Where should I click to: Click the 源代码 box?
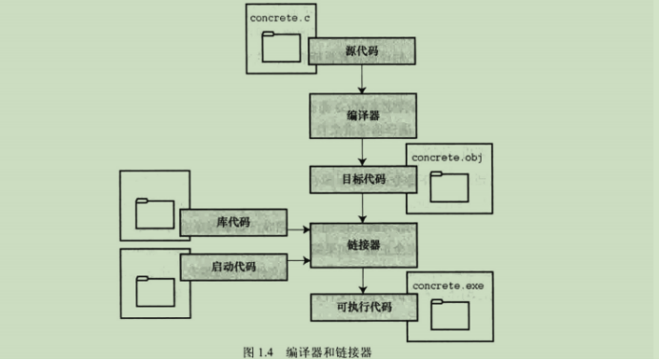[x=363, y=50]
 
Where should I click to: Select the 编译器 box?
[x=363, y=114]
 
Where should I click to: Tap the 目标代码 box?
[x=363, y=178]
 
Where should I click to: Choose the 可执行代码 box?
[x=363, y=308]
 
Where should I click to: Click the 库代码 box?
[x=233, y=222]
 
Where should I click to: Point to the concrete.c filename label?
[x=278, y=17]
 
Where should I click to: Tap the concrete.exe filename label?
[x=447, y=285]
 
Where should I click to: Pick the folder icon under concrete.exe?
[x=449, y=313]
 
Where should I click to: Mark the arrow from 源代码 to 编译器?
[x=363, y=79]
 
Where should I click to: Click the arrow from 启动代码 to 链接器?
[x=299, y=258]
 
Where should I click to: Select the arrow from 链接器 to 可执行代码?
[x=363, y=280]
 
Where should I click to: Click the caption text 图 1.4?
[x=259, y=351]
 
